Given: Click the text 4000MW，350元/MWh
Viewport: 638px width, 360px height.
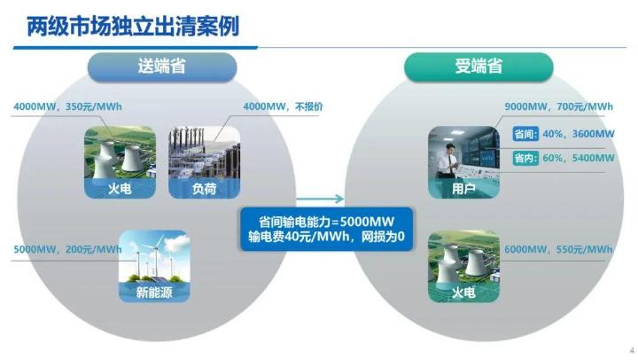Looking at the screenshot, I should click(x=67, y=107).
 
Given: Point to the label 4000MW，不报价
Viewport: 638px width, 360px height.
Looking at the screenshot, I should click(x=283, y=107).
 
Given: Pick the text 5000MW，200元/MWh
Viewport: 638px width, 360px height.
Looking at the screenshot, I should click(x=67, y=250).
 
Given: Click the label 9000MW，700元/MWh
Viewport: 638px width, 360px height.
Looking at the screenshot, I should click(x=558, y=107).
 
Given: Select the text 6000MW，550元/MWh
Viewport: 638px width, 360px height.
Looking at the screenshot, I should click(x=558, y=250).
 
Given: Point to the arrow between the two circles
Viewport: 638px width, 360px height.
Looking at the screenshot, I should click(x=328, y=200).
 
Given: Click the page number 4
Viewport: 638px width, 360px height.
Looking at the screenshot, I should click(x=631, y=348).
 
